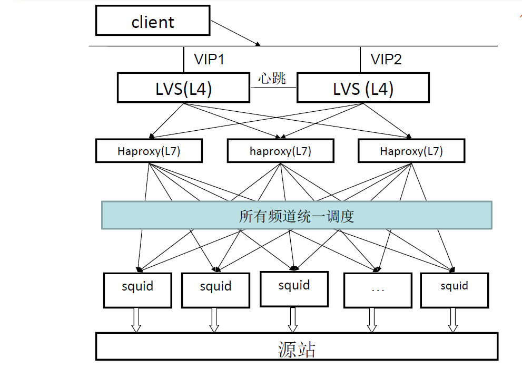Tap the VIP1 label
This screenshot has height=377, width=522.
coord(209,60)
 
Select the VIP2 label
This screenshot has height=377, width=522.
coord(386,60)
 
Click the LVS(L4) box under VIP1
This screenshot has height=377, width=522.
coord(183,88)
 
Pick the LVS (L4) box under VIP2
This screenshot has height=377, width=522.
coord(363,88)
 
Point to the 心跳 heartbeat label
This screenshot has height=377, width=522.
coord(272,79)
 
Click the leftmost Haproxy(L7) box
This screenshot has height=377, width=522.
coord(149,151)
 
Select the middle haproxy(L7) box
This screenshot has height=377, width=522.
coord(280,151)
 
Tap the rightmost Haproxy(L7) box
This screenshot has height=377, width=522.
coord(411,151)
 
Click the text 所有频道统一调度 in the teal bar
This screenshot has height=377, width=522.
coord(297,216)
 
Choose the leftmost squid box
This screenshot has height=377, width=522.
coord(137,290)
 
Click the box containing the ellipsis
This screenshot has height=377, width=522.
coord(377,290)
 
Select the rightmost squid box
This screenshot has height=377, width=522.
coord(454,290)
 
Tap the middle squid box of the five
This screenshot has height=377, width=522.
coord(294,289)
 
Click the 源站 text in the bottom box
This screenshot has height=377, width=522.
coord(297,349)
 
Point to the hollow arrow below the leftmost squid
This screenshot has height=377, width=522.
coord(136,320)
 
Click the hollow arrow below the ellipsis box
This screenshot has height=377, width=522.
coord(372,320)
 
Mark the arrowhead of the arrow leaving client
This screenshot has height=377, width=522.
coord(258,44)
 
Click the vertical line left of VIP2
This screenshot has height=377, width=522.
coord(360,60)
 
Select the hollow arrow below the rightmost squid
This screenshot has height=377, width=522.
coord(452,320)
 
